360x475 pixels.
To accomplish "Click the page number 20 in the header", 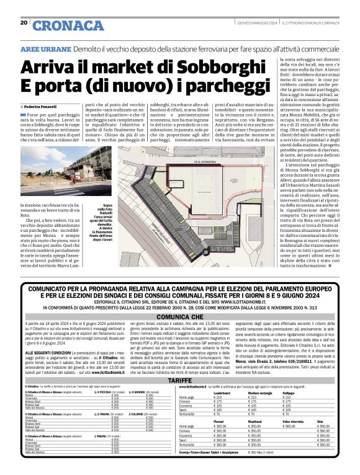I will click(x=23, y=23).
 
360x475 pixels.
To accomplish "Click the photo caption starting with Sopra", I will click(x=115, y=222).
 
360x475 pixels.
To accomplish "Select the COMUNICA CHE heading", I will click(x=180, y=315).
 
